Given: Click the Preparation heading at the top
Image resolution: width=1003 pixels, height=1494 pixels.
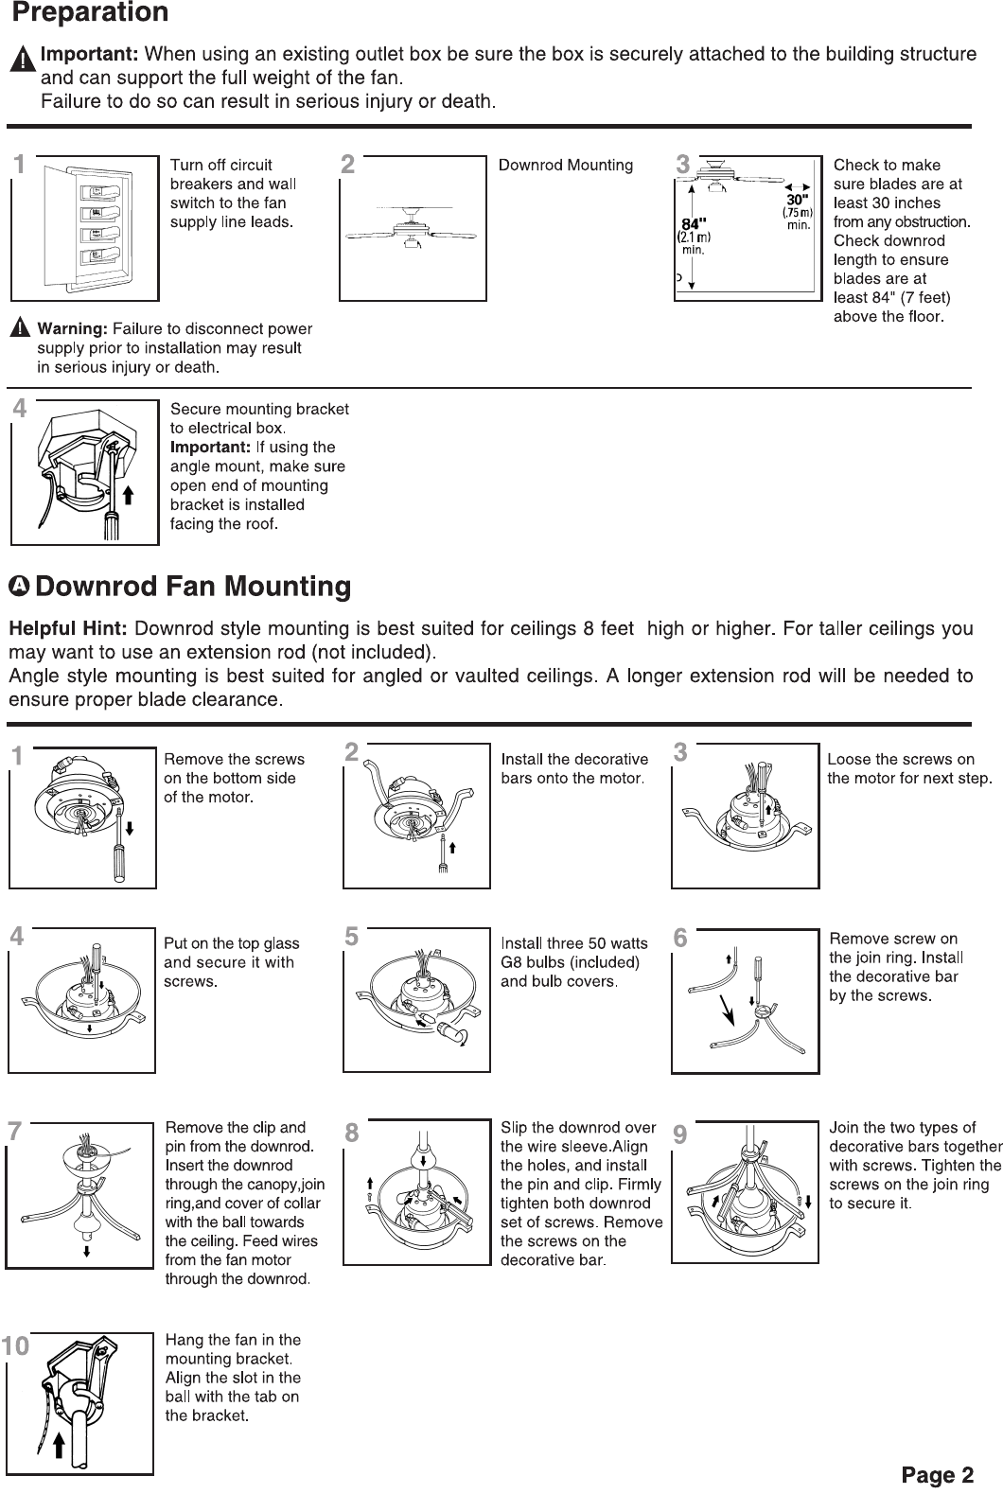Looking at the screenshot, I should [x=90, y=13].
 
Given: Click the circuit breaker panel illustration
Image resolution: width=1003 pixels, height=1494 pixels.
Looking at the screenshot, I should [x=85, y=227].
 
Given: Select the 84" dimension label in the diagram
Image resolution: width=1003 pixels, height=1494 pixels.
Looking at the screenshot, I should [x=696, y=224].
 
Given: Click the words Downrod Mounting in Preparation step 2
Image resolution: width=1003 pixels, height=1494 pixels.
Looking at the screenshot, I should [x=565, y=166].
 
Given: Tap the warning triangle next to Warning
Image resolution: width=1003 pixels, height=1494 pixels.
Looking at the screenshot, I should [x=21, y=329].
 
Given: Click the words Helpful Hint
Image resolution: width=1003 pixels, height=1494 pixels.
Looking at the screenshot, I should [x=68, y=629].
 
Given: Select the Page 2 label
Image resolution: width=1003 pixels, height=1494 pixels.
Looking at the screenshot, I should [x=937, y=1474].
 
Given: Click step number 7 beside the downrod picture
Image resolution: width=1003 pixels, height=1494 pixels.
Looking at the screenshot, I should [x=14, y=1132].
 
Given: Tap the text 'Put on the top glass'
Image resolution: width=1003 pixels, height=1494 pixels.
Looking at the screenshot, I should [x=231, y=943].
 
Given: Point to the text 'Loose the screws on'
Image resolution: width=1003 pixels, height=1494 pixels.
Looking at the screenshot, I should [x=900, y=759].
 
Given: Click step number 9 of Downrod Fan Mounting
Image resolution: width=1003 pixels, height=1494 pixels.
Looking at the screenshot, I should [x=680, y=1132].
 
